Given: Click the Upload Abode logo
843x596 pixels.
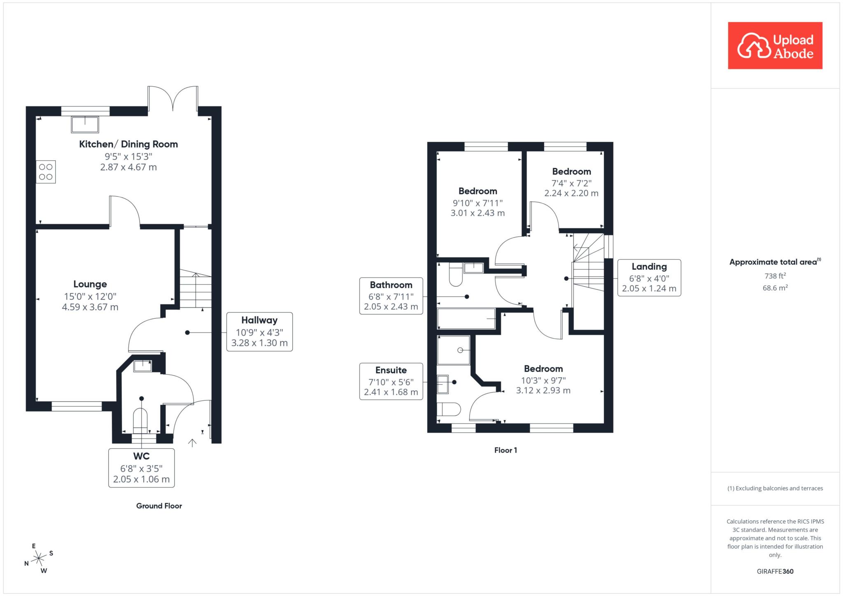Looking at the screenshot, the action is click(x=775, y=46).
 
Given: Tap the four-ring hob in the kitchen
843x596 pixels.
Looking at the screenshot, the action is click(x=46, y=172).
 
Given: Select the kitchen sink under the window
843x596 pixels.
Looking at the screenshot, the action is click(x=85, y=125).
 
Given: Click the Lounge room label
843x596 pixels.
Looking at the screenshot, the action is click(x=90, y=284).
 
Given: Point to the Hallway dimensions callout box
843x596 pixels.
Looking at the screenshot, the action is click(x=259, y=332).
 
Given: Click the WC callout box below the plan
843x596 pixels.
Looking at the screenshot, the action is click(x=141, y=468).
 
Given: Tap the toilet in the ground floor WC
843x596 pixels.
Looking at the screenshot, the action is click(x=140, y=421).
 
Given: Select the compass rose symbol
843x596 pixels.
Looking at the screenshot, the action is click(x=39, y=558).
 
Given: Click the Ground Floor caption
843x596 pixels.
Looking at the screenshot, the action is click(x=159, y=506).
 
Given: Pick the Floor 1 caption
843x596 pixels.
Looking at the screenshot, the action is click(x=505, y=450).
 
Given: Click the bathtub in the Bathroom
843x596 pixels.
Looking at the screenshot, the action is click(x=466, y=319).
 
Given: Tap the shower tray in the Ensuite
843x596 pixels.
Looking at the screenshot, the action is click(x=454, y=350).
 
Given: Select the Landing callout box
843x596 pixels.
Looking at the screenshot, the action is click(x=649, y=278).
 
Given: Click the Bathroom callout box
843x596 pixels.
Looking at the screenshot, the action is click(x=391, y=296).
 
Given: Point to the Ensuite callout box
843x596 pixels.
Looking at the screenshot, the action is click(x=391, y=381).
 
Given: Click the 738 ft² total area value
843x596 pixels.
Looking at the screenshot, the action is click(x=775, y=276).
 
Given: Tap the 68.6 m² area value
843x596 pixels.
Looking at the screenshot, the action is click(x=775, y=288).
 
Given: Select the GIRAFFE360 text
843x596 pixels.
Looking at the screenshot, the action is click(x=775, y=571).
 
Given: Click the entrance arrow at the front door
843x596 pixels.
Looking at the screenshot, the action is click(x=192, y=443).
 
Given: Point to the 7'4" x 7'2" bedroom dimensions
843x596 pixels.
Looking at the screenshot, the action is click(x=571, y=183).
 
